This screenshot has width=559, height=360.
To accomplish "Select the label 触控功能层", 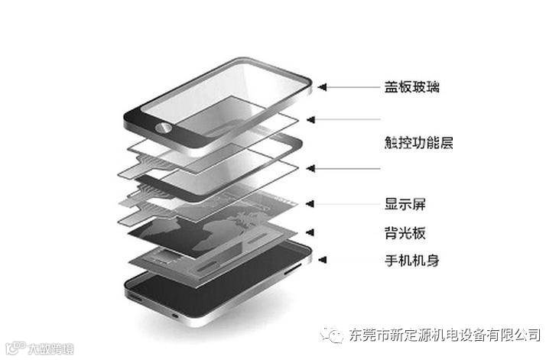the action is (419, 143).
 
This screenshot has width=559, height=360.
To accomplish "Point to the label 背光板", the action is (405, 232).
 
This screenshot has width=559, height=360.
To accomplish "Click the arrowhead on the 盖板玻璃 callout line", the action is (323, 87).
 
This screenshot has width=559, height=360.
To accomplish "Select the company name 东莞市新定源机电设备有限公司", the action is (444, 335).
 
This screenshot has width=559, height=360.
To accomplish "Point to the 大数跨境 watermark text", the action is (50, 349).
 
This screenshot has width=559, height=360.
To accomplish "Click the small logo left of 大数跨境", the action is (13, 349).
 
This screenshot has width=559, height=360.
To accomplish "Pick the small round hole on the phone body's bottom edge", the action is (175, 314).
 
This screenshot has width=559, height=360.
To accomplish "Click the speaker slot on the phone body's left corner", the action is (135, 294).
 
